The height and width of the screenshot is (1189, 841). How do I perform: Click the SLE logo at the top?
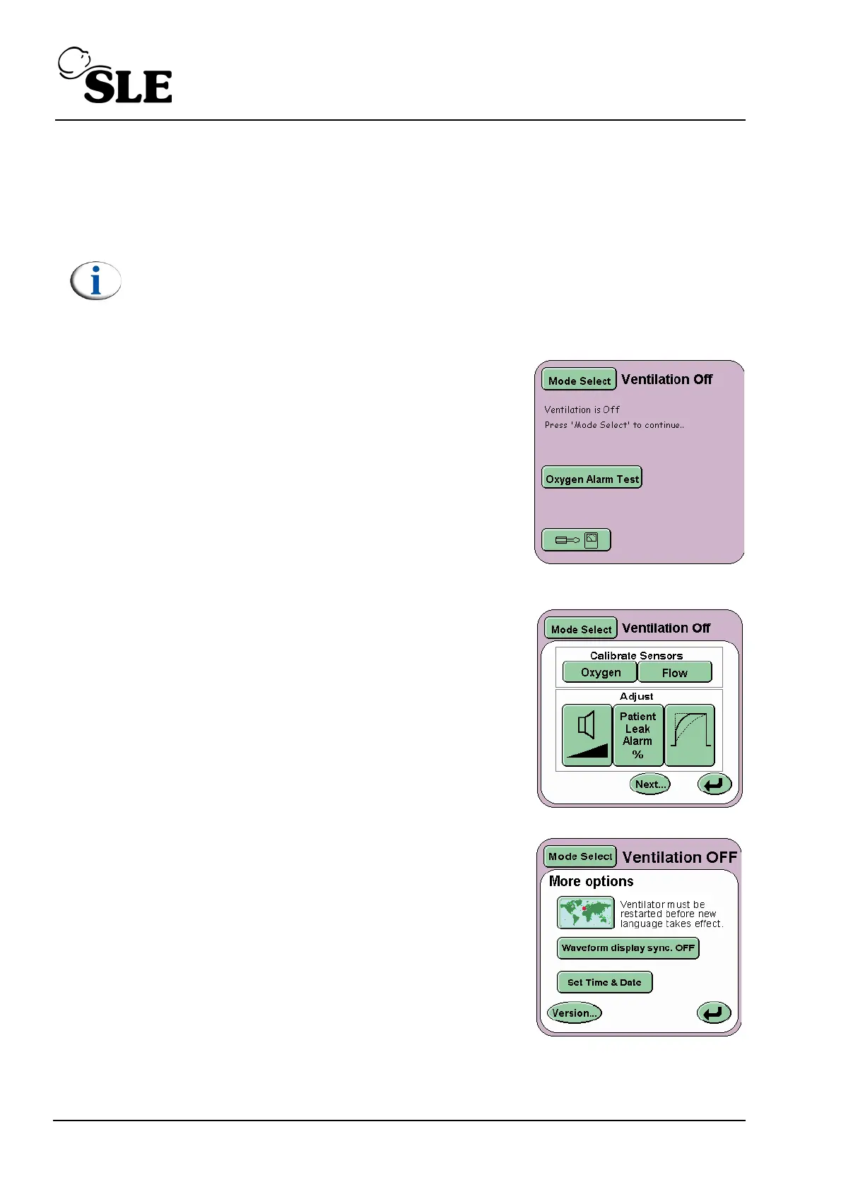tap(116, 76)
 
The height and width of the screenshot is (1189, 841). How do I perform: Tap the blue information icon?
tap(96, 281)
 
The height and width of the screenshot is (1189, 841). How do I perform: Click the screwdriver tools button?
tap(576, 540)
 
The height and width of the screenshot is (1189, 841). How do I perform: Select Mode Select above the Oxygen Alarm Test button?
tap(579, 380)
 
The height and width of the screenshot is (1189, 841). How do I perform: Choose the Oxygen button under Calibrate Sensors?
tap(600, 672)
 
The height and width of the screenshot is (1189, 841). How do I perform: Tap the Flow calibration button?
tap(675, 672)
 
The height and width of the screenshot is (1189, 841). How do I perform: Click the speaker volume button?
tap(587, 735)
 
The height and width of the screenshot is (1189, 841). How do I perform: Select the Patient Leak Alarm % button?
tap(638, 735)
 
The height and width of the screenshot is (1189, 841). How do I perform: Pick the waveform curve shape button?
tap(690, 735)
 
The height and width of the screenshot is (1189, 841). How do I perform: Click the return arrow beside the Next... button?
tap(714, 784)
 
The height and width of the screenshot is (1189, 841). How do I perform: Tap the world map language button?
tap(585, 913)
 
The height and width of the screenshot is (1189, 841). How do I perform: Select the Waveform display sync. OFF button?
tap(628, 948)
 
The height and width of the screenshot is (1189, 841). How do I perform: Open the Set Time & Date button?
tap(604, 982)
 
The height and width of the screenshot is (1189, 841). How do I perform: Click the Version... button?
tap(574, 1012)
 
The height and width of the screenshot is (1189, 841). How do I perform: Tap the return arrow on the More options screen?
tap(714, 1012)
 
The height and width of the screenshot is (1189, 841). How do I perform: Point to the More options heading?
tap(591, 881)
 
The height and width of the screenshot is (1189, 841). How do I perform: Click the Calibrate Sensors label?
tap(636, 655)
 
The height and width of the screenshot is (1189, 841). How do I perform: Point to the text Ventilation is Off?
tap(582, 410)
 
